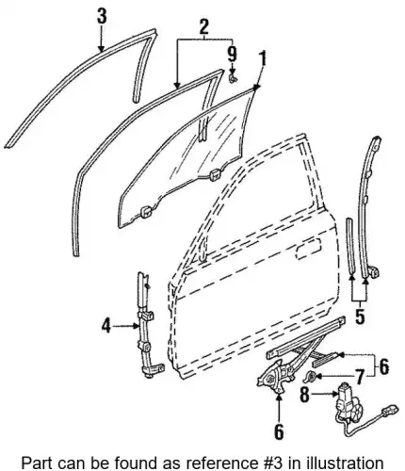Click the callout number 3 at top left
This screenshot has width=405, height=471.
102,16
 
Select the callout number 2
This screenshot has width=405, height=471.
203,26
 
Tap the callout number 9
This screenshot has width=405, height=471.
232,55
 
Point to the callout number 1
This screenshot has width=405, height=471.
263,58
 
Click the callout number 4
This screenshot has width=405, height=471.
106,327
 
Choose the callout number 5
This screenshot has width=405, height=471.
360,316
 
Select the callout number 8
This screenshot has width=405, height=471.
305,395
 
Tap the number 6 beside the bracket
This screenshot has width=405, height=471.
384,366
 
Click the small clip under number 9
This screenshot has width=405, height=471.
233,78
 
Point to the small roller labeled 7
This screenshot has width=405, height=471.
311,376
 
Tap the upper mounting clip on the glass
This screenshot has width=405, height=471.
215,174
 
